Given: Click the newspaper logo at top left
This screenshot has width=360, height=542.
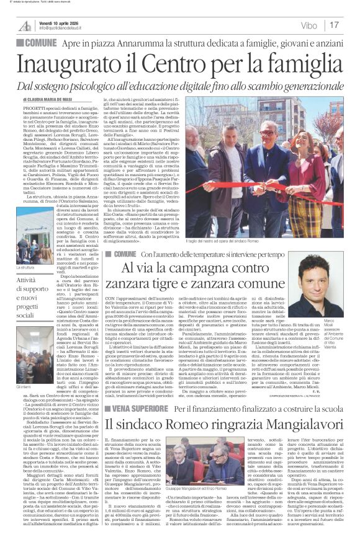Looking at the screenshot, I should (25, 25).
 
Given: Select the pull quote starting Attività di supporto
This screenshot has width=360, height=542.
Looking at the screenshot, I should (27, 297).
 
